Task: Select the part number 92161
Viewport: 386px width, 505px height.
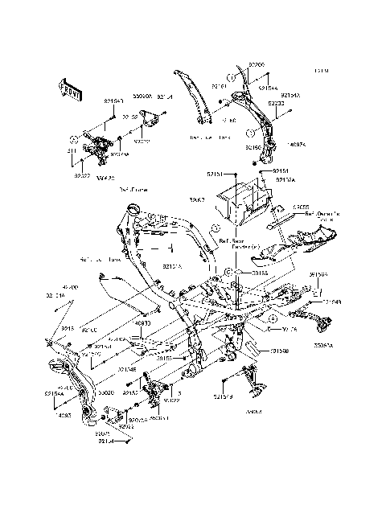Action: click(x=219, y=84)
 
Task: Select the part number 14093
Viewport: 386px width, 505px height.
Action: click(x=65, y=415)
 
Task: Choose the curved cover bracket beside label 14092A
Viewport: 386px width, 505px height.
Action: click(x=261, y=121)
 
